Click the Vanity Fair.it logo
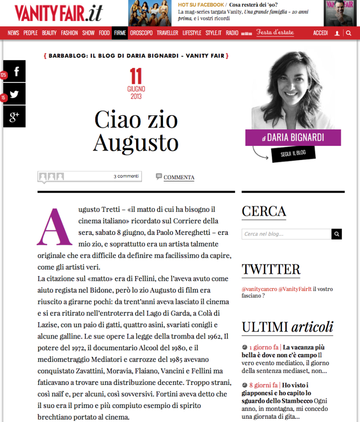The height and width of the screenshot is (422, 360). click(x=58, y=13)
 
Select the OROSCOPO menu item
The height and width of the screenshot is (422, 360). click(x=141, y=33)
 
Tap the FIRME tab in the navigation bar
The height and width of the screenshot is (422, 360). click(x=120, y=33)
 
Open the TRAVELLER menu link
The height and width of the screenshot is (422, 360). click(x=168, y=33)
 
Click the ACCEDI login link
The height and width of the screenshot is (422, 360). click(x=321, y=33)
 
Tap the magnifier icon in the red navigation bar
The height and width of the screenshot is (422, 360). click(x=348, y=33)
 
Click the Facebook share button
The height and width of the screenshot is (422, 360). click(x=15, y=71)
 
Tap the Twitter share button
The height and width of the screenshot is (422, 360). click(x=15, y=94)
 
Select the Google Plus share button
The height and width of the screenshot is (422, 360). click(x=15, y=117)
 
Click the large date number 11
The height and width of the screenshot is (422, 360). click(x=136, y=76)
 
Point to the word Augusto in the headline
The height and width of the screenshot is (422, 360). click(x=136, y=143)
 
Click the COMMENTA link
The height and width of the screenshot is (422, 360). click(x=179, y=177)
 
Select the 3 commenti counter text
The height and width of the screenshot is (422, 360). click(x=126, y=176)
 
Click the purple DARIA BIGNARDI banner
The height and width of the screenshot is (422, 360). click(x=293, y=138)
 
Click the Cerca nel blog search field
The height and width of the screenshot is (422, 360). click(x=286, y=234)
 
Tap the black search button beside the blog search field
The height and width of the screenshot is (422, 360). click(x=337, y=234)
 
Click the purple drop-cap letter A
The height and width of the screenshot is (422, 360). click(x=54, y=227)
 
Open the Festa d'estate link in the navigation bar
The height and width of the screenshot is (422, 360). click(x=275, y=33)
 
